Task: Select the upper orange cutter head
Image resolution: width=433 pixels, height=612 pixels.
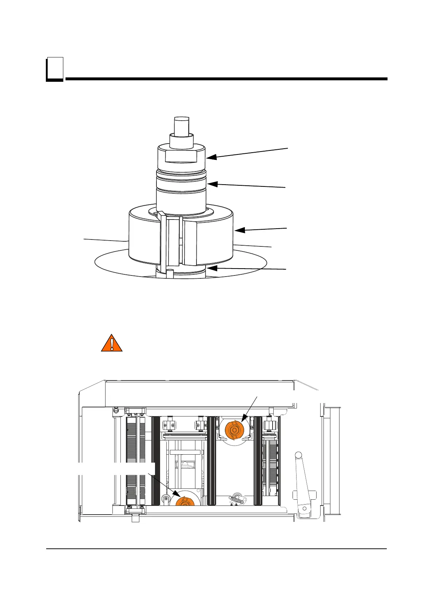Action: pos(234,430)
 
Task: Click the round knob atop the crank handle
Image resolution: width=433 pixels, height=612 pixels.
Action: pos(298,455)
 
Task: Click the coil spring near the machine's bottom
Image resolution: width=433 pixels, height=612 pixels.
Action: pos(237,498)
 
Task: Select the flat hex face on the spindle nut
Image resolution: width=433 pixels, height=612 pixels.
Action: pos(181,156)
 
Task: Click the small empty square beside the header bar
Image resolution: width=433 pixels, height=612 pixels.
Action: pos(55,68)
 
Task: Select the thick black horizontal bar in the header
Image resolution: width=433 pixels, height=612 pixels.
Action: pos(226,79)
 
